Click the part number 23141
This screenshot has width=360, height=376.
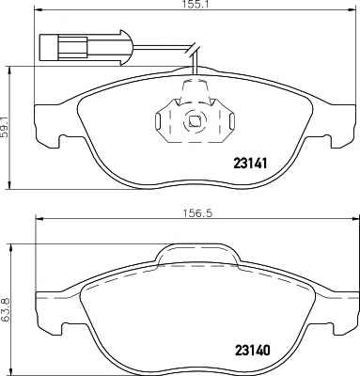click(250, 164)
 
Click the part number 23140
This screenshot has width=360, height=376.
click(252, 351)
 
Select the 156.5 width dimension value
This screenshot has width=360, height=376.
click(197, 213)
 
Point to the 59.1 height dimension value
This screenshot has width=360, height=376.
click(5, 128)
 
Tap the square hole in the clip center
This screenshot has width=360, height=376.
click(194, 121)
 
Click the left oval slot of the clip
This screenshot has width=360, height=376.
click(158, 121)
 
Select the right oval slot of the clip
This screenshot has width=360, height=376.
click(232, 121)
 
